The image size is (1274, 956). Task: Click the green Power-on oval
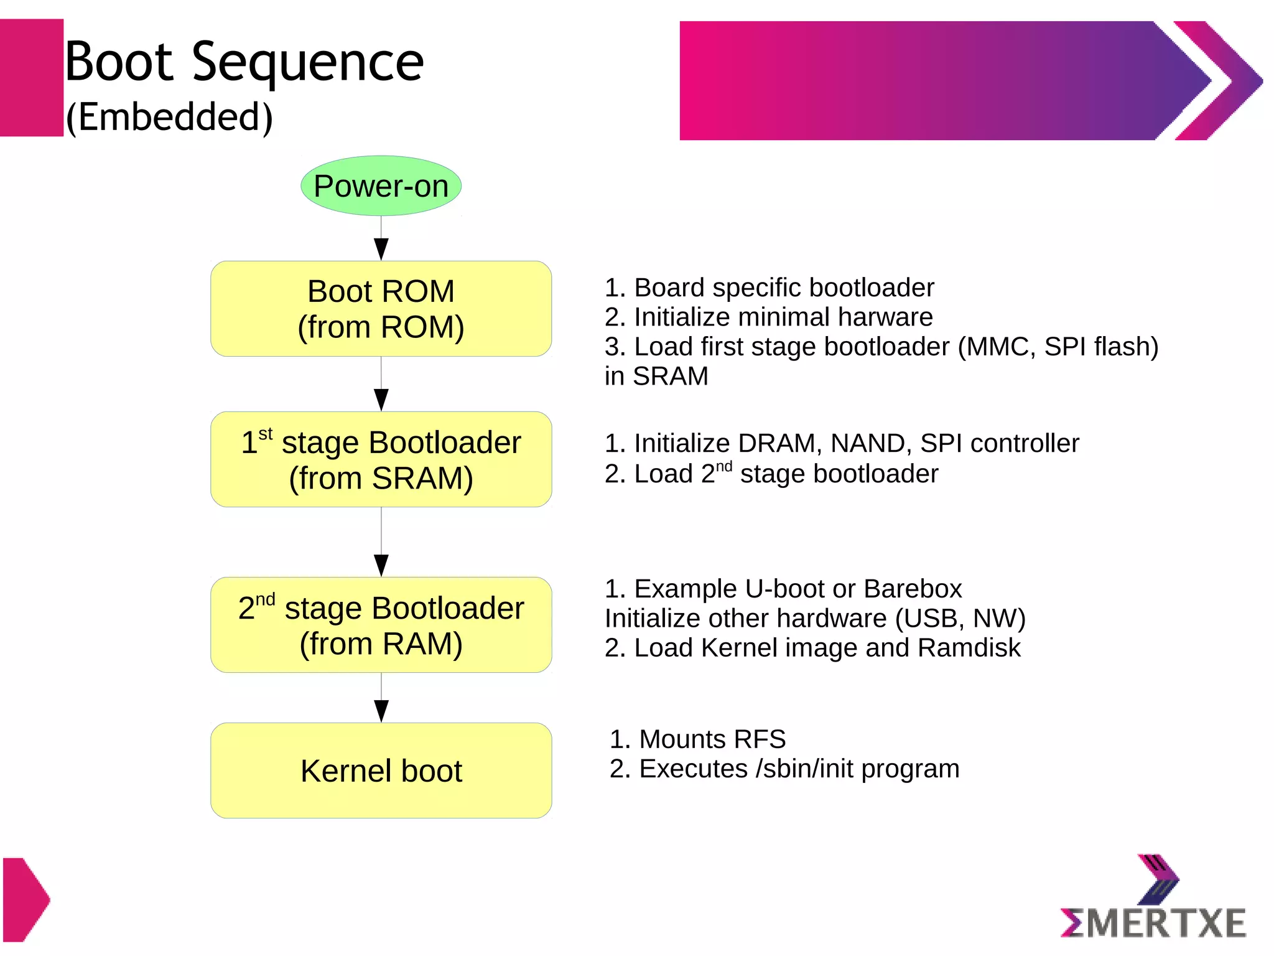tap(381, 185)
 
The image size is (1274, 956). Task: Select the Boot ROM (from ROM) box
tap(381, 309)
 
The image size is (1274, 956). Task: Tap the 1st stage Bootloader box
tap(381, 459)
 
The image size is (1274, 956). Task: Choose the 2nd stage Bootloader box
tap(381, 625)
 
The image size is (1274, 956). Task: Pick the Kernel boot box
tap(381, 771)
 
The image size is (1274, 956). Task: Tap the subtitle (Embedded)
tap(169, 117)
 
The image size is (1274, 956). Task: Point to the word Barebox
tap(913, 589)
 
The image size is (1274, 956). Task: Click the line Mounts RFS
tap(697, 739)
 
